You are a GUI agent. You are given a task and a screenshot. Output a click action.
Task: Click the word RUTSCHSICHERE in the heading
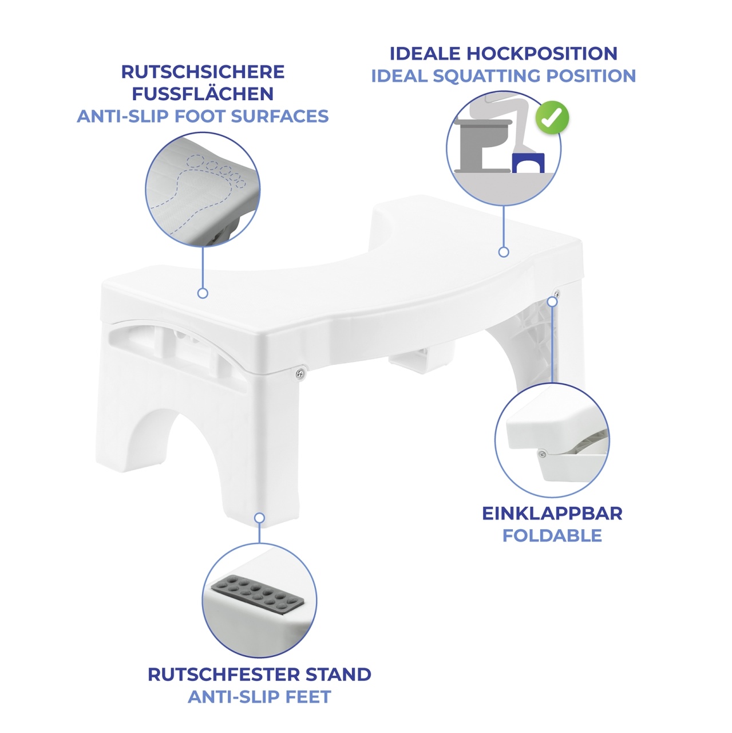pyautogui.click(x=203, y=72)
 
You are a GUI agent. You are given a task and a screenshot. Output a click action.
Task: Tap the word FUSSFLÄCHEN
pyautogui.click(x=203, y=93)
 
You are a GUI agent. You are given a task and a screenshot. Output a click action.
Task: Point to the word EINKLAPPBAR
pyautogui.click(x=552, y=514)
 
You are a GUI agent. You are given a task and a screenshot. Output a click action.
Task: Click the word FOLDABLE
pyautogui.click(x=552, y=535)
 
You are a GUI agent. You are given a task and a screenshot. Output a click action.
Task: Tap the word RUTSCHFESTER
pyautogui.click(x=224, y=675)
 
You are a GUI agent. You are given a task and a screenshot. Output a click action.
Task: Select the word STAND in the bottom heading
pyautogui.click(x=338, y=675)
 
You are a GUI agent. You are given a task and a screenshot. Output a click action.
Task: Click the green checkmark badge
pyautogui.click(x=552, y=117)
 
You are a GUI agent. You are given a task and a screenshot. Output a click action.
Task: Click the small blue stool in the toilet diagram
pyautogui.click(x=528, y=163)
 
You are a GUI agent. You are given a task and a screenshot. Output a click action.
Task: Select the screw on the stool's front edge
pyautogui.click(x=300, y=373)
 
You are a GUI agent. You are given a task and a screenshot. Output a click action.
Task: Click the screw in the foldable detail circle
pyautogui.click(x=542, y=453)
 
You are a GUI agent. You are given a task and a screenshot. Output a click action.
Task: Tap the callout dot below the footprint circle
pyautogui.click(x=203, y=293)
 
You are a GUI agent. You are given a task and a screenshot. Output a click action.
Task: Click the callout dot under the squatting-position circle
pyautogui.click(x=504, y=252)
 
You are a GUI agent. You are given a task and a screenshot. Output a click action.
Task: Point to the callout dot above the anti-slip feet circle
pyautogui.click(x=260, y=518)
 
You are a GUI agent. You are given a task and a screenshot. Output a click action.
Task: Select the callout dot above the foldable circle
pyautogui.click(x=552, y=302)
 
